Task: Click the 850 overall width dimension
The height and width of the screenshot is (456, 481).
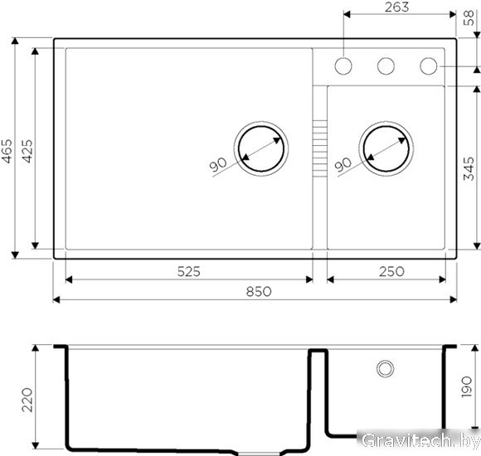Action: tap(259, 291)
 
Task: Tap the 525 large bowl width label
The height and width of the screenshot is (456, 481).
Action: tap(188, 271)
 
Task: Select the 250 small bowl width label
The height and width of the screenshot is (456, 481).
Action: tap(391, 271)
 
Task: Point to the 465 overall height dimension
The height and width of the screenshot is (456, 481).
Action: tap(7, 151)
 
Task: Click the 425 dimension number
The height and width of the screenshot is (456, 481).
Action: tap(27, 151)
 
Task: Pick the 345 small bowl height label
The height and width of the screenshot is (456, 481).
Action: tap(469, 168)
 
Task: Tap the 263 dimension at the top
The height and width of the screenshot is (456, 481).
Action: tap(396, 7)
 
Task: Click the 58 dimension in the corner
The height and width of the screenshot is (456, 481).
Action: tap(469, 18)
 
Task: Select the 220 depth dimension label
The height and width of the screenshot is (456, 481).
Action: tap(27, 400)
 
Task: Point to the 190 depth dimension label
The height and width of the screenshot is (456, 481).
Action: tap(466, 386)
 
